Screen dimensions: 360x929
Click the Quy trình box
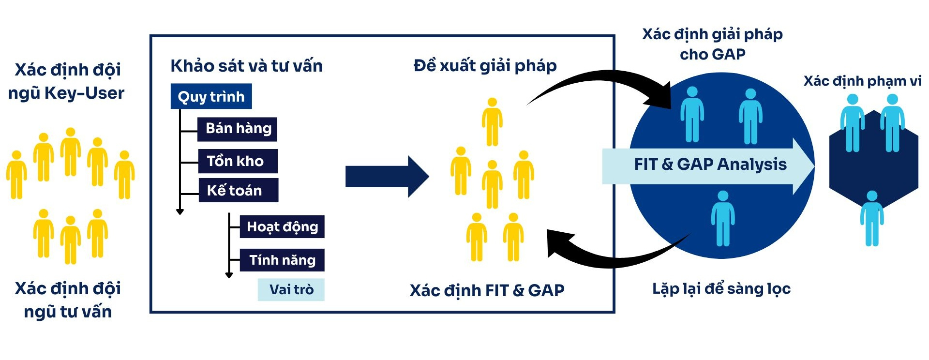(211, 96)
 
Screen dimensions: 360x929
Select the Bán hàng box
(238, 129)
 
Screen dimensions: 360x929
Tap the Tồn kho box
(238, 161)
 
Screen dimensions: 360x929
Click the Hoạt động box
(282, 226)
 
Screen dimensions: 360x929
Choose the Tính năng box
(282, 260)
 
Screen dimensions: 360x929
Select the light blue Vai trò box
(291, 289)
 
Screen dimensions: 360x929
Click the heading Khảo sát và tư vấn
(246, 66)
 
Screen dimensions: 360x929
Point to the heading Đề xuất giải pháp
(485, 65)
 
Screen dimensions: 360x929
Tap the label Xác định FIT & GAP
(487, 290)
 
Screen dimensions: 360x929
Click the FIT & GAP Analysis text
(710, 165)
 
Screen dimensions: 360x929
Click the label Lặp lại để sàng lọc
(721, 289)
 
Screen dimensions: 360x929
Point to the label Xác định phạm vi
(862, 81)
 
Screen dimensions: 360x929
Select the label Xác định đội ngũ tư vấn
(68, 300)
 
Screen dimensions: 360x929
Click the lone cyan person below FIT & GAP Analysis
(722, 219)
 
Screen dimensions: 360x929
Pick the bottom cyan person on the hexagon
(871, 219)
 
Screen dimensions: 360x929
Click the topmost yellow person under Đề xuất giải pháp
(492, 122)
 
